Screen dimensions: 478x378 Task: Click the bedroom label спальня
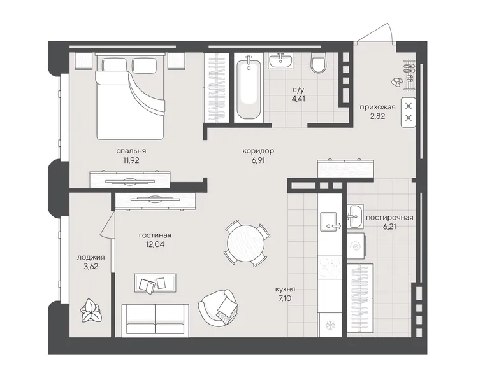click(x=131, y=151)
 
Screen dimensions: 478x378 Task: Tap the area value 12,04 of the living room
click(x=155, y=244)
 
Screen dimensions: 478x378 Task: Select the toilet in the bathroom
click(x=318, y=63)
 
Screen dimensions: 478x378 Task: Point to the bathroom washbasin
click(x=280, y=60)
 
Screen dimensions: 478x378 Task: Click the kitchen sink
click(x=330, y=221)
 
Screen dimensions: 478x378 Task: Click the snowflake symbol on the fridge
click(x=330, y=325)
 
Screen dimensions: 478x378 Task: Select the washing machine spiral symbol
click(x=356, y=246)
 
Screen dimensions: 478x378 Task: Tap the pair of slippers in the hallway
click(x=396, y=82)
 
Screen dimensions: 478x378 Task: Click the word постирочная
click(x=389, y=218)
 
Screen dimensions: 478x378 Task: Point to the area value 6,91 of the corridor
click(x=258, y=160)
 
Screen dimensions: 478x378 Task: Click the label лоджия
click(x=91, y=257)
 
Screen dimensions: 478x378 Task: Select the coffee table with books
click(x=155, y=283)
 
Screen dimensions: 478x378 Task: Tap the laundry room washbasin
click(x=355, y=216)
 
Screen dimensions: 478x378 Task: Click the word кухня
click(x=285, y=289)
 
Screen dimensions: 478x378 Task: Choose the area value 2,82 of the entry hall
click(x=378, y=116)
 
